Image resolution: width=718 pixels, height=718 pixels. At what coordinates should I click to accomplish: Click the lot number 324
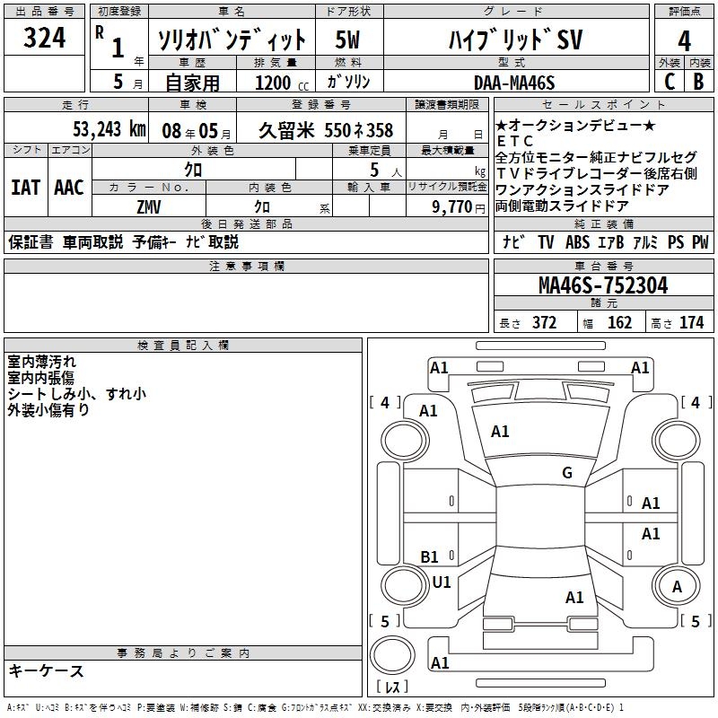point(44,37)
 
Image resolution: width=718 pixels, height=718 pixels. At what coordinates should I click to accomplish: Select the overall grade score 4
point(684,40)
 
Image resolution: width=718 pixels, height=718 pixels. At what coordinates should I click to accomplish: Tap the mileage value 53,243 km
point(109,129)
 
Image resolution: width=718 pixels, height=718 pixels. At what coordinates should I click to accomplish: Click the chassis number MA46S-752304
point(603,285)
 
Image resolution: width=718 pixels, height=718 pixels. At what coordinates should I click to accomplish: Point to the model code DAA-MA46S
point(514,83)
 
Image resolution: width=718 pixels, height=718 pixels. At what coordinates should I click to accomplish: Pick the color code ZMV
point(149,207)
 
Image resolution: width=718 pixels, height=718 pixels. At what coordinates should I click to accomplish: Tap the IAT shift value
point(26,188)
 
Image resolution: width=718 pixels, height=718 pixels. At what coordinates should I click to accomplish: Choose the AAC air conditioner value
point(69,188)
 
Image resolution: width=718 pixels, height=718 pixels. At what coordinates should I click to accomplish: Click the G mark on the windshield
point(567,472)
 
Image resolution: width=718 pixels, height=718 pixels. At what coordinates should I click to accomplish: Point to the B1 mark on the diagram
point(429,556)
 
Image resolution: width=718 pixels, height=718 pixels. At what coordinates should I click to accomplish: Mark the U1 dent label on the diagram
point(442,582)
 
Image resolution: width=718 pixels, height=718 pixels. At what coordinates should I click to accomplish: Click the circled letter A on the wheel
point(677,587)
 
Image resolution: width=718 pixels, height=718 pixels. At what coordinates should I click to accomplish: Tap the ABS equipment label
point(577,241)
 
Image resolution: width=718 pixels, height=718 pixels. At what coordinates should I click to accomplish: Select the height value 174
point(691,323)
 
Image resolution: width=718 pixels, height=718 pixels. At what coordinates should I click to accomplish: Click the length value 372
point(544,323)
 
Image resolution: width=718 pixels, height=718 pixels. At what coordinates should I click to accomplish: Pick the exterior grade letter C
point(670,82)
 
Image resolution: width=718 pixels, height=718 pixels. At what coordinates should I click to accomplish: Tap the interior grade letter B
point(698,82)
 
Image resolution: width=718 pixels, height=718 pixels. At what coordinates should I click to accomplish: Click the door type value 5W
point(347,39)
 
